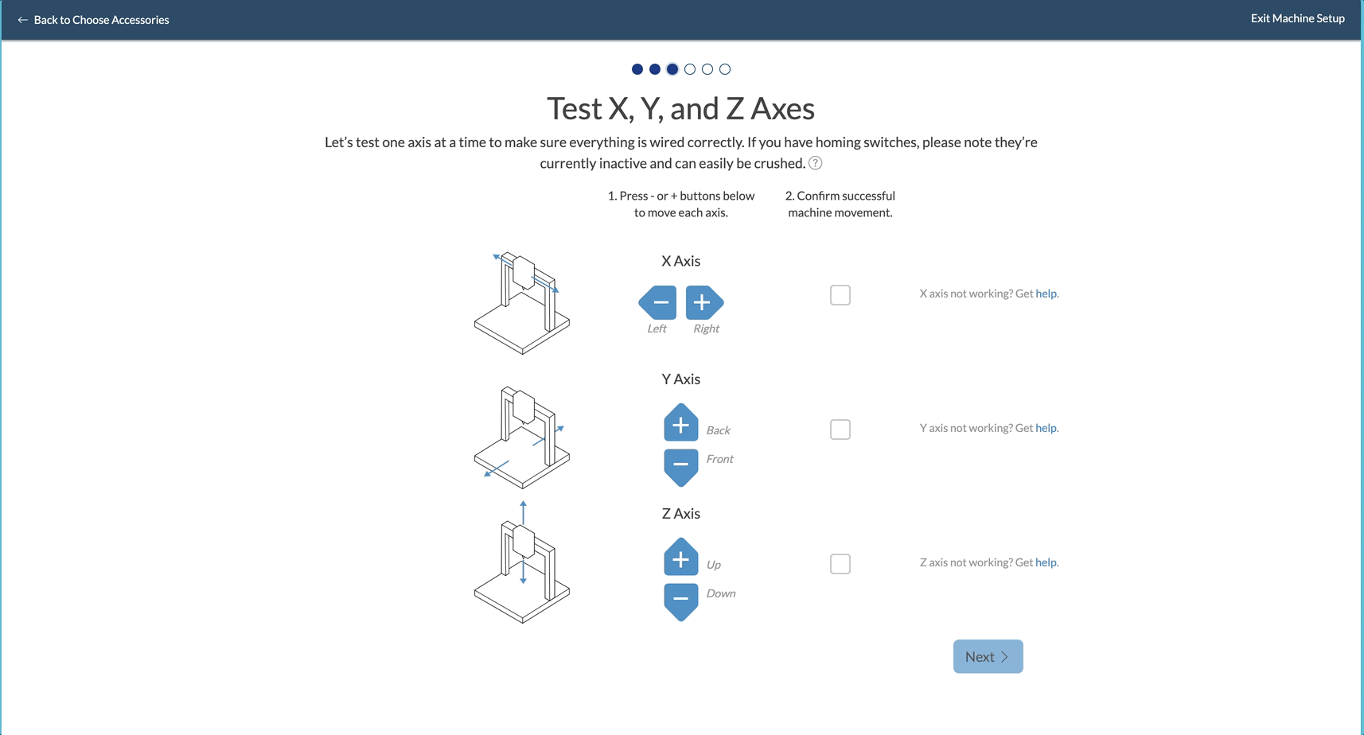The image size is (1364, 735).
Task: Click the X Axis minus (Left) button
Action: pos(657,302)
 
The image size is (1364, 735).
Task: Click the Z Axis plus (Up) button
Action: pos(680,557)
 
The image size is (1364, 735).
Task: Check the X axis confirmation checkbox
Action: pos(840,295)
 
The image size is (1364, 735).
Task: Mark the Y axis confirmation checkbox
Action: pos(840,430)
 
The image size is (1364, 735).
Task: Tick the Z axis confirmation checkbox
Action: pos(840,564)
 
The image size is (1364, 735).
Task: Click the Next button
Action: pos(988,656)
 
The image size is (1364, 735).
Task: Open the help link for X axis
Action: pos(1046,294)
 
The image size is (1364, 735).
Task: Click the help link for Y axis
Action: pos(1046,428)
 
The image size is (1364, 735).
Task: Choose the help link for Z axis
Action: pos(1046,562)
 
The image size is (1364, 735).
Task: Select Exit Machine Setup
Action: pos(1298,18)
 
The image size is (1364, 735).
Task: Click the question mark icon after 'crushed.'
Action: pos(816,163)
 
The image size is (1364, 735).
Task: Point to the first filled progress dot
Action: pos(637,69)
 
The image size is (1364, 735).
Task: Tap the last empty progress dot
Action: pos(725,69)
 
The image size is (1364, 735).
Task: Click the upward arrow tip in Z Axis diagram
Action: pos(523,502)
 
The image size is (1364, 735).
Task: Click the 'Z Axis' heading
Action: pos(680,514)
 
